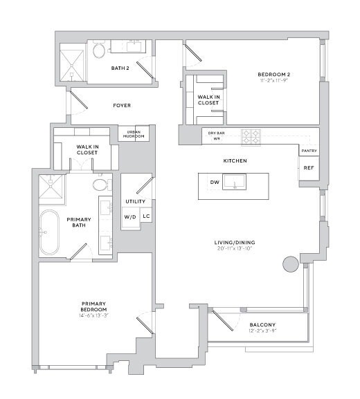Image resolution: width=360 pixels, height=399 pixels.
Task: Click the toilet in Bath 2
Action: pyautogui.click(x=99, y=50)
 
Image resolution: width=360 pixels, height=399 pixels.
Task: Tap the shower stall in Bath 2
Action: pyautogui.click(x=71, y=63)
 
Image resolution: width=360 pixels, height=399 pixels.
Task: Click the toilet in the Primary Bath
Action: pyautogui.click(x=100, y=184)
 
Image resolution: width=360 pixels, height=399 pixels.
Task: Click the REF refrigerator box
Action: pyautogui.click(x=308, y=167)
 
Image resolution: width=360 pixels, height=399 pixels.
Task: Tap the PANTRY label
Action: pyautogui.click(x=308, y=150)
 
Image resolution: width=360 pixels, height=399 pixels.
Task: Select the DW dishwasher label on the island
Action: pyautogui.click(x=215, y=183)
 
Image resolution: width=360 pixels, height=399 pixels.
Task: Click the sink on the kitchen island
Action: pyautogui.click(x=241, y=184)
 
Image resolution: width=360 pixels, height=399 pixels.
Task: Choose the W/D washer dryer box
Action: pyautogui.click(x=130, y=217)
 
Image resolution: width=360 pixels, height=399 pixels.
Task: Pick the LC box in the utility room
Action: pyautogui.click(x=146, y=216)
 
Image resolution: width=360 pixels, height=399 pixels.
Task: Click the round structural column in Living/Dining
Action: pyautogui.click(x=289, y=263)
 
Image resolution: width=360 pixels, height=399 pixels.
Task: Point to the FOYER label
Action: pyautogui.click(x=121, y=106)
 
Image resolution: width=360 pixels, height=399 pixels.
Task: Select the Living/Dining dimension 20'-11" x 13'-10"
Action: pyautogui.click(x=235, y=248)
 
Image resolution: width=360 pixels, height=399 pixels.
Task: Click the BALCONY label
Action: pyautogui.click(x=262, y=325)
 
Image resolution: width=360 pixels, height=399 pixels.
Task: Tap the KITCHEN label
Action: pyautogui.click(x=235, y=160)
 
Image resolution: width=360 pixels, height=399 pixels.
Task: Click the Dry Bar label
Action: pyautogui.click(x=217, y=132)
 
